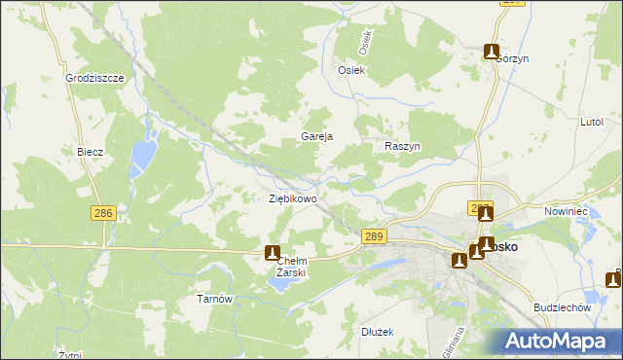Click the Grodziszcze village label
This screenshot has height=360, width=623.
[93, 78]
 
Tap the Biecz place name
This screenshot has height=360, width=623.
[90, 153]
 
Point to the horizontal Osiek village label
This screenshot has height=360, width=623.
[350, 70]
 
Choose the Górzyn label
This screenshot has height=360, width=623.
[511, 58]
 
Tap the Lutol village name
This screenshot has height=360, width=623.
[592, 123]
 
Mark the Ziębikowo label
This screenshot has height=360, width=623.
[292, 198]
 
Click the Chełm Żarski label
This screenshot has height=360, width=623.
[291, 267]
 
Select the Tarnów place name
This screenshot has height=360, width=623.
[214, 299]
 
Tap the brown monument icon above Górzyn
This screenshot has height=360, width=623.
[493, 52]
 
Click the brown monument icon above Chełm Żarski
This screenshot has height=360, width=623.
[273, 252]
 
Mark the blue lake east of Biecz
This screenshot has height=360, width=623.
[144, 152]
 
